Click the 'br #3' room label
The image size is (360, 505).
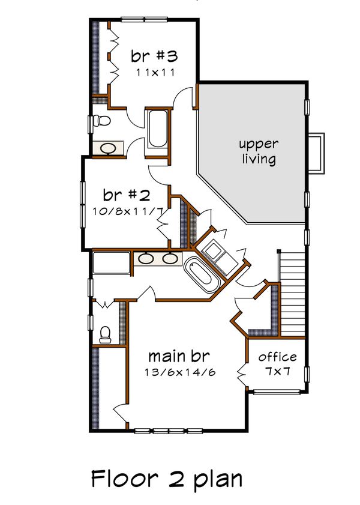155,56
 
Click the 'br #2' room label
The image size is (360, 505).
126,195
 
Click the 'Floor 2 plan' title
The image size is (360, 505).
167,479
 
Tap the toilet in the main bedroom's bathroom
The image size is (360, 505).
106,334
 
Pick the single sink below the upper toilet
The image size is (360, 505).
109,148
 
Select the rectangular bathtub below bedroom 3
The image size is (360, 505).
158,128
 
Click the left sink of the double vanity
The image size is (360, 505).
147,259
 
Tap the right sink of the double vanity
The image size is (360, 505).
170,259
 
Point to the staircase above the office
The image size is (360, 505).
293,294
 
